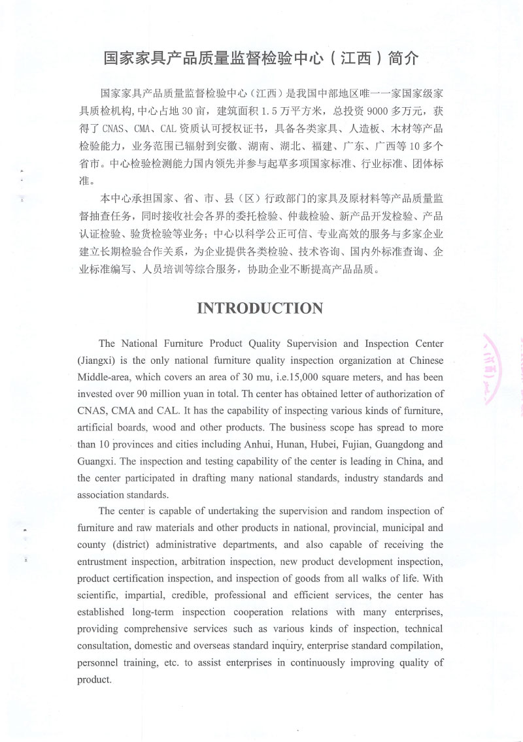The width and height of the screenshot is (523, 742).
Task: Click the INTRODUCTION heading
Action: coord(260,308)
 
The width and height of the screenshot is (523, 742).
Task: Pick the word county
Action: coord(92,544)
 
